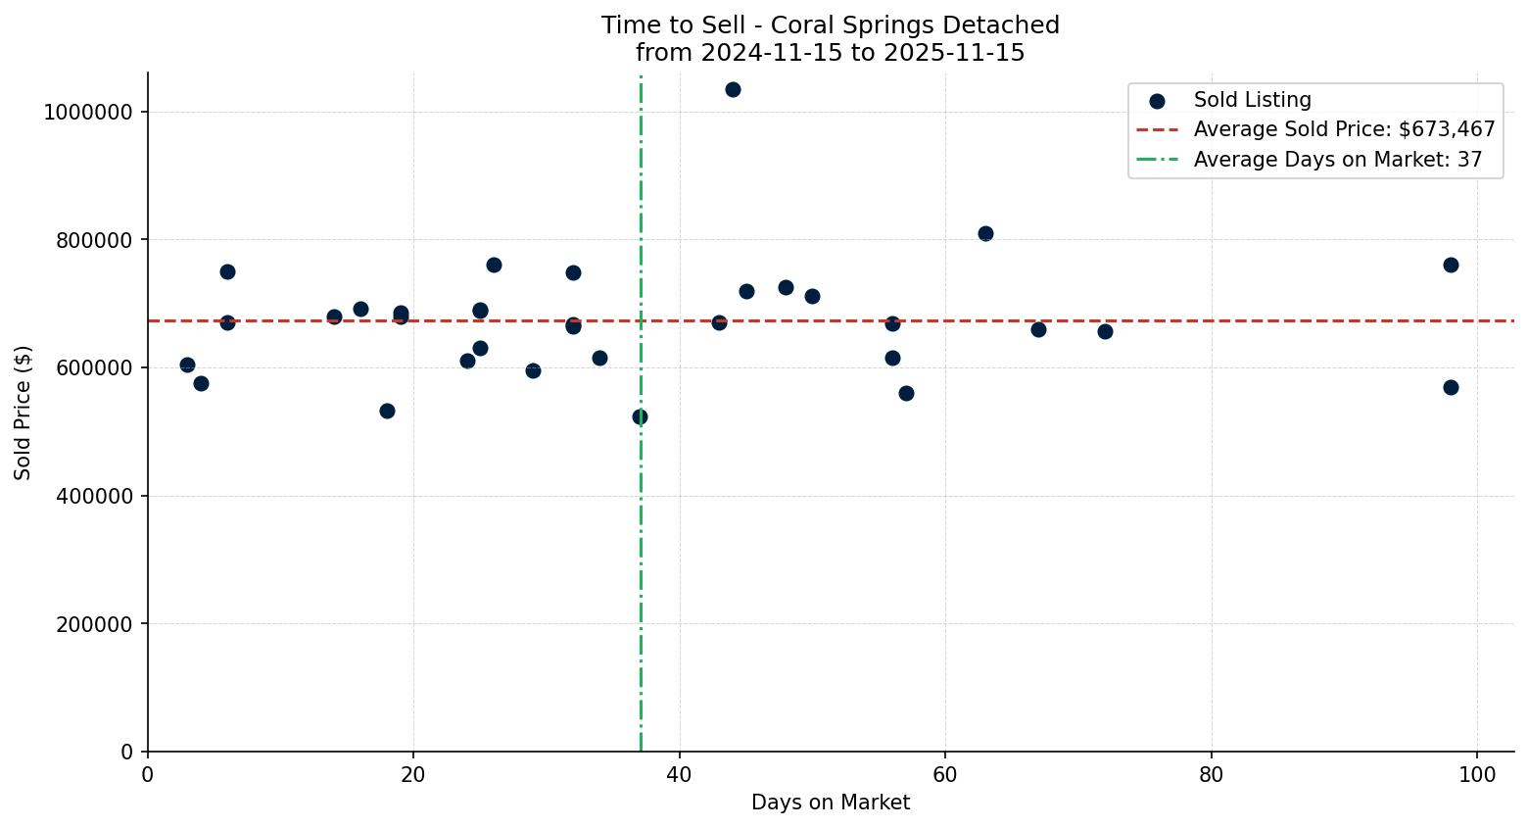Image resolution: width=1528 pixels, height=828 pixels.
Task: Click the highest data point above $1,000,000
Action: [x=733, y=89]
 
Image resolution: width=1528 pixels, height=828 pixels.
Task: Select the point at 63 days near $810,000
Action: [x=985, y=233]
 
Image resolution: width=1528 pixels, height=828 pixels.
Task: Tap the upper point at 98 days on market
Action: [x=1451, y=265]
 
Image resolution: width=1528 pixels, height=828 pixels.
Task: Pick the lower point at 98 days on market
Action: [x=1451, y=387]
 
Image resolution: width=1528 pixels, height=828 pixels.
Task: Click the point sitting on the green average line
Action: [x=640, y=416]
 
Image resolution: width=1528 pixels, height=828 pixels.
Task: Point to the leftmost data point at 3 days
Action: [x=187, y=365]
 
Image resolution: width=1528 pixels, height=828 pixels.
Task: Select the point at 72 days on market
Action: [x=1105, y=331]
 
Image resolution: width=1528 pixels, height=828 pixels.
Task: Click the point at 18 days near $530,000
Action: [x=387, y=411]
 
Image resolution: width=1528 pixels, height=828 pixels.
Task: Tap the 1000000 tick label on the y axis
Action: [x=87, y=112]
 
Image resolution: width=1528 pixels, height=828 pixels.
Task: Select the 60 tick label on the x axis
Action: [x=945, y=774]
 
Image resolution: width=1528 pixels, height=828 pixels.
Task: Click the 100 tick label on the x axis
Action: [x=1477, y=774]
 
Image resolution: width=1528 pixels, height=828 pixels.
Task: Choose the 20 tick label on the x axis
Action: [x=413, y=774]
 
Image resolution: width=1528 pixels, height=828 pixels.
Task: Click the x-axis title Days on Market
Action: [x=830, y=803]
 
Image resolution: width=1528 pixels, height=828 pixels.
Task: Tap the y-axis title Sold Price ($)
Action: [x=23, y=413]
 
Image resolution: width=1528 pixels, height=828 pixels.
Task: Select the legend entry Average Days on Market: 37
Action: [x=1337, y=160]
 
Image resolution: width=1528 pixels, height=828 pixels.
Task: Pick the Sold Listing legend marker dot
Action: [x=1157, y=100]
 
